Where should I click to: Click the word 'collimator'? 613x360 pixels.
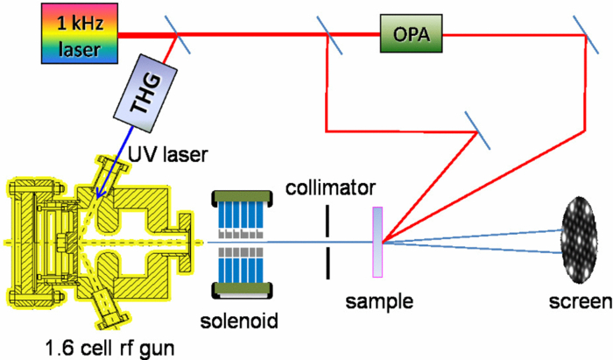[329, 187]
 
